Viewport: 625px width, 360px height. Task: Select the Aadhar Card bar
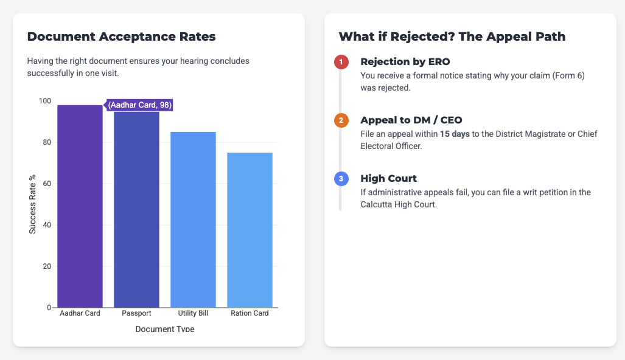(x=80, y=207)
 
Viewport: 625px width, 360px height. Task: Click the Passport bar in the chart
(x=136, y=210)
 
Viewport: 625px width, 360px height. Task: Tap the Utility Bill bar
(x=193, y=220)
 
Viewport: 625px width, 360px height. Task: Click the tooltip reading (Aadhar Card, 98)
(x=140, y=105)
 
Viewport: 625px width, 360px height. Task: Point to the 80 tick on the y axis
(x=46, y=142)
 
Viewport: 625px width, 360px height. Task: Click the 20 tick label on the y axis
(x=46, y=266)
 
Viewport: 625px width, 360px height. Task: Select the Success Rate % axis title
(x=33, y=204)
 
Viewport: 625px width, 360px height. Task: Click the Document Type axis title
(x=164, y=329)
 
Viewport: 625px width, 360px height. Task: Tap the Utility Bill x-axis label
(x=193, y=314)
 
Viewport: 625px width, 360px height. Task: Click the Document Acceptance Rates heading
(x=121, y=36)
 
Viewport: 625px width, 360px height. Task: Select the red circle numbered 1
(x=341, y=62)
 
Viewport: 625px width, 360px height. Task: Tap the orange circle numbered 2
(x=341, y=120)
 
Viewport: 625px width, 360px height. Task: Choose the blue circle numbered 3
(x=341, y=179)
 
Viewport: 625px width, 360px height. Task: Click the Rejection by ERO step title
(x=405, y=62)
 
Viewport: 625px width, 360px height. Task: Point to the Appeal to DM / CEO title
(x=411, y=120)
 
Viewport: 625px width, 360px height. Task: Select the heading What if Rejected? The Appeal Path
(x=452, y=36)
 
